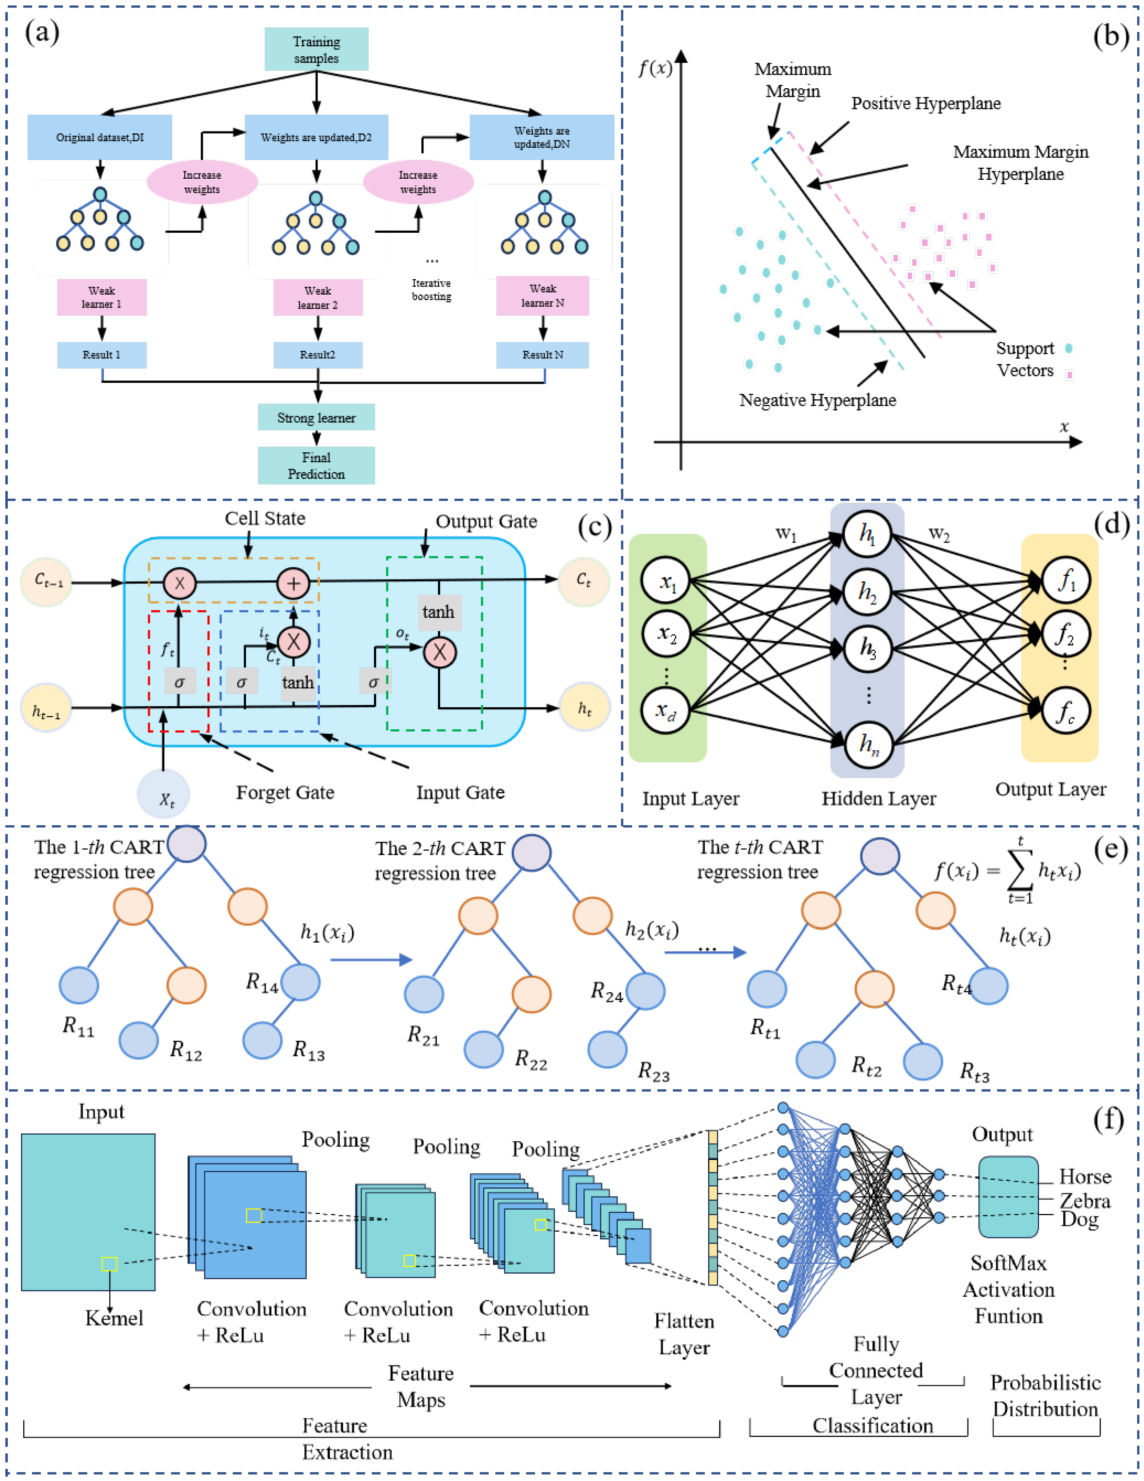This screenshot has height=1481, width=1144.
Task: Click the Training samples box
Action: pos(316,49)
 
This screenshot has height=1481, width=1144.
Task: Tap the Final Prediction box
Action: pos(316,465)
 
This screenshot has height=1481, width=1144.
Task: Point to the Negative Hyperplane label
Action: pos(817,400)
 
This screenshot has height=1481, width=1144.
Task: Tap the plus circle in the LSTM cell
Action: pos(293,583)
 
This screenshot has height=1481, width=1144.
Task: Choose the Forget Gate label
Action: pos(285,792)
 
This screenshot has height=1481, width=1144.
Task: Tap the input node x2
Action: pos(666,634)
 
